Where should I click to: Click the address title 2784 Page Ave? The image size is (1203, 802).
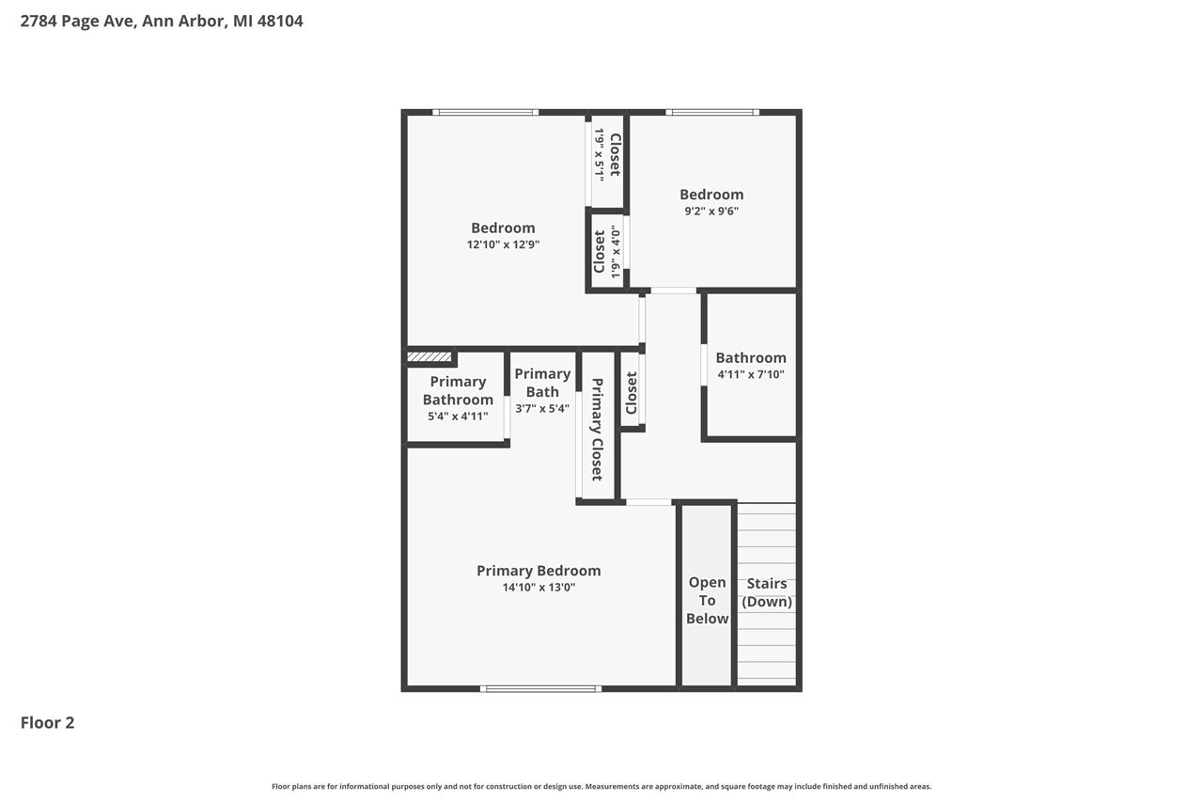pyautogui.click(x=162, y=21)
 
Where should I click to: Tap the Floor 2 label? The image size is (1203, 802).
pyautogui.click(x=47, y=722)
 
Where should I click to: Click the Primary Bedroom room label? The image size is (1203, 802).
pyautogui.click(x=538, y=571)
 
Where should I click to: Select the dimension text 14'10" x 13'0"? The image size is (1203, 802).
pyautogui.click(x=538, y=588)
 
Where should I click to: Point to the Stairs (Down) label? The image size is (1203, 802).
pyautogui.click(x=767, y=592)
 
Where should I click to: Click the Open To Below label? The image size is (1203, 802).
pyautogui.click(x=707, y=600)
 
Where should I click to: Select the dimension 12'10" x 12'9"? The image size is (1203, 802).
pyautogui.click(x=503, y=244)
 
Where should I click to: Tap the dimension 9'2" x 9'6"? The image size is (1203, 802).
pyautogui.click(x=711, y=212)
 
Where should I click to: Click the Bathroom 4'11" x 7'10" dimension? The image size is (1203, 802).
pyautogui.click(x=750, y=374)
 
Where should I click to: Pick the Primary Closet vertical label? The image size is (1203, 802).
pyautogui.click(x=597, y=429)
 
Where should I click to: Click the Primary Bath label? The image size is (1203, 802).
pyautogui.click(x=542, y=383)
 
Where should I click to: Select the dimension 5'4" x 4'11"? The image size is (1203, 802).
pyautogui.click(x=458, y=416)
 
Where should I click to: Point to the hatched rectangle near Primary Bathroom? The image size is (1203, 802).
pyautogui.click(x=430, y=357)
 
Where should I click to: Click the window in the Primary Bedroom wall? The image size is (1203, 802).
pyautogui.click(x=540, y=688)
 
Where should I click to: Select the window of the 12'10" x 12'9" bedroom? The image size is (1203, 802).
pyautogui.click(x=486, y=112)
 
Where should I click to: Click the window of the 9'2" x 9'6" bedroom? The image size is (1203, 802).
pyautogui.click(x=712, y=112)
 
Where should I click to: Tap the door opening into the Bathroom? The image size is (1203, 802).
pyautogui.click(x=703, y=365)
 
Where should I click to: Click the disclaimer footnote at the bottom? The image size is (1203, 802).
pyautogui.click(x=601, y=786)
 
